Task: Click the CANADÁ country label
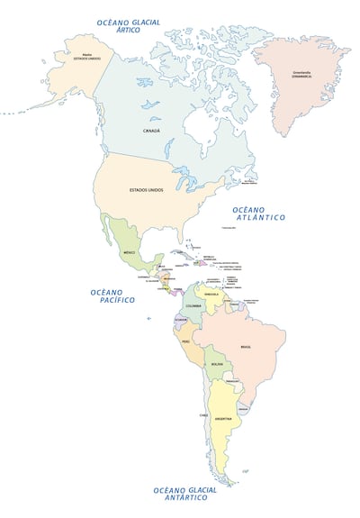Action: pos(151,131)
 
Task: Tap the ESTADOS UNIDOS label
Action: pos(147,190)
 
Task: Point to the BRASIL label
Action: pos(246,347)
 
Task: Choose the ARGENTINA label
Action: pos(222,419)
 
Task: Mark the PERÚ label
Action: pos(185,342)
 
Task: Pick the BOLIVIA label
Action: pos(217,364)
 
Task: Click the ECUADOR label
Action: pos(180,320)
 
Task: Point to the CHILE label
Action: pos(204,414)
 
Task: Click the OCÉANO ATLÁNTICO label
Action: pos(260,213)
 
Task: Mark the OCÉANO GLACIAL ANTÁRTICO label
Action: pos(184,495)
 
